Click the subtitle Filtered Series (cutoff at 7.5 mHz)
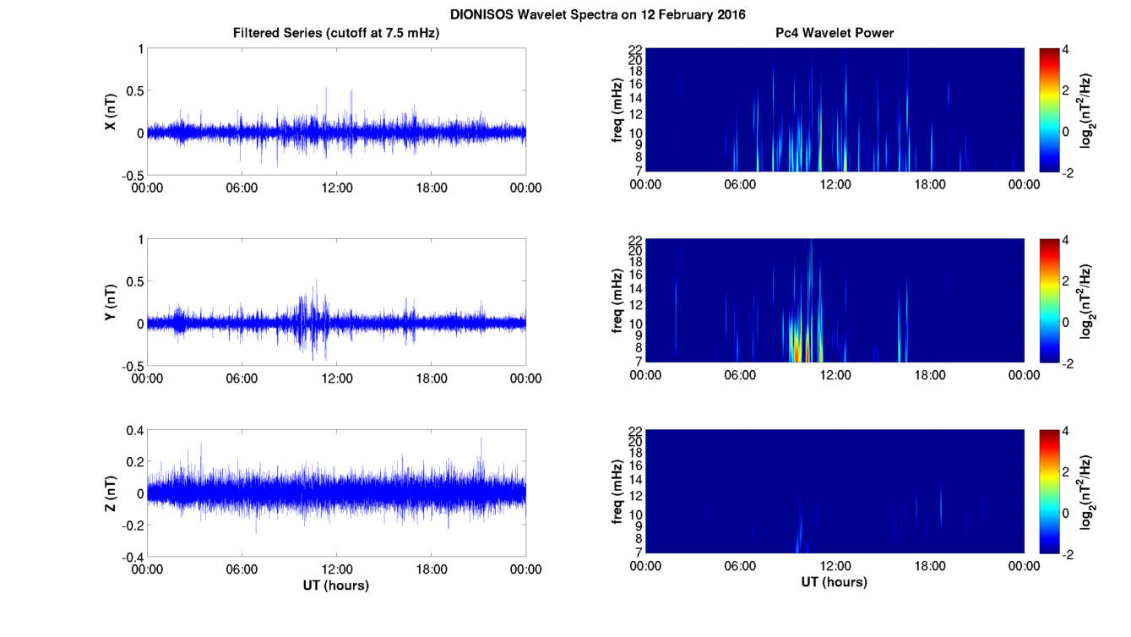click(x=336, y=33)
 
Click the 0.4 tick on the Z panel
click(x=132, y=431)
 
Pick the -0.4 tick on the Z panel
click(x=130, y=557)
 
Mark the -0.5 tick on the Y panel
click(x=130, y=366)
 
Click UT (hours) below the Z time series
click(x=335, y=585)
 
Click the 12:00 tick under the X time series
click(x=336, y=187)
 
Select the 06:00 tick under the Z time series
click(x=242, y=569)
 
